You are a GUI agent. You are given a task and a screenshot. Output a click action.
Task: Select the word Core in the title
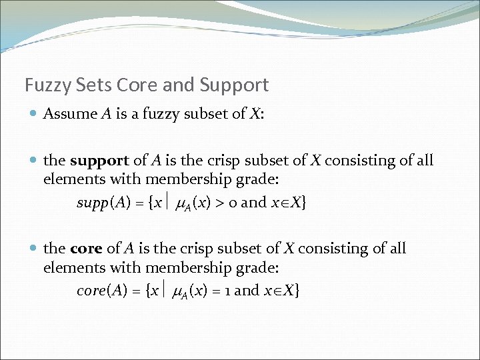click(134, 85)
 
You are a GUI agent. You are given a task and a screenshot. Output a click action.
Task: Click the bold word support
click(99, 161)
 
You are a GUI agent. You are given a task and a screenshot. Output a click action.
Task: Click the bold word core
click(86, 249)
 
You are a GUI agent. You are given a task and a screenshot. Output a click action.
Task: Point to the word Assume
click(70, 113)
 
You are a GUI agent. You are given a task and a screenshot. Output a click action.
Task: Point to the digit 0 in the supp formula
click(232, 203)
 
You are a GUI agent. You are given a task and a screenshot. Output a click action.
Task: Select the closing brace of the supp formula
click(304, 203)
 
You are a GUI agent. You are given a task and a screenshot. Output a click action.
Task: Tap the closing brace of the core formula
click(296, 291)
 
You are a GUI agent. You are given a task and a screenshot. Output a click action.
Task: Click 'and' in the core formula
click(246, 291)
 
